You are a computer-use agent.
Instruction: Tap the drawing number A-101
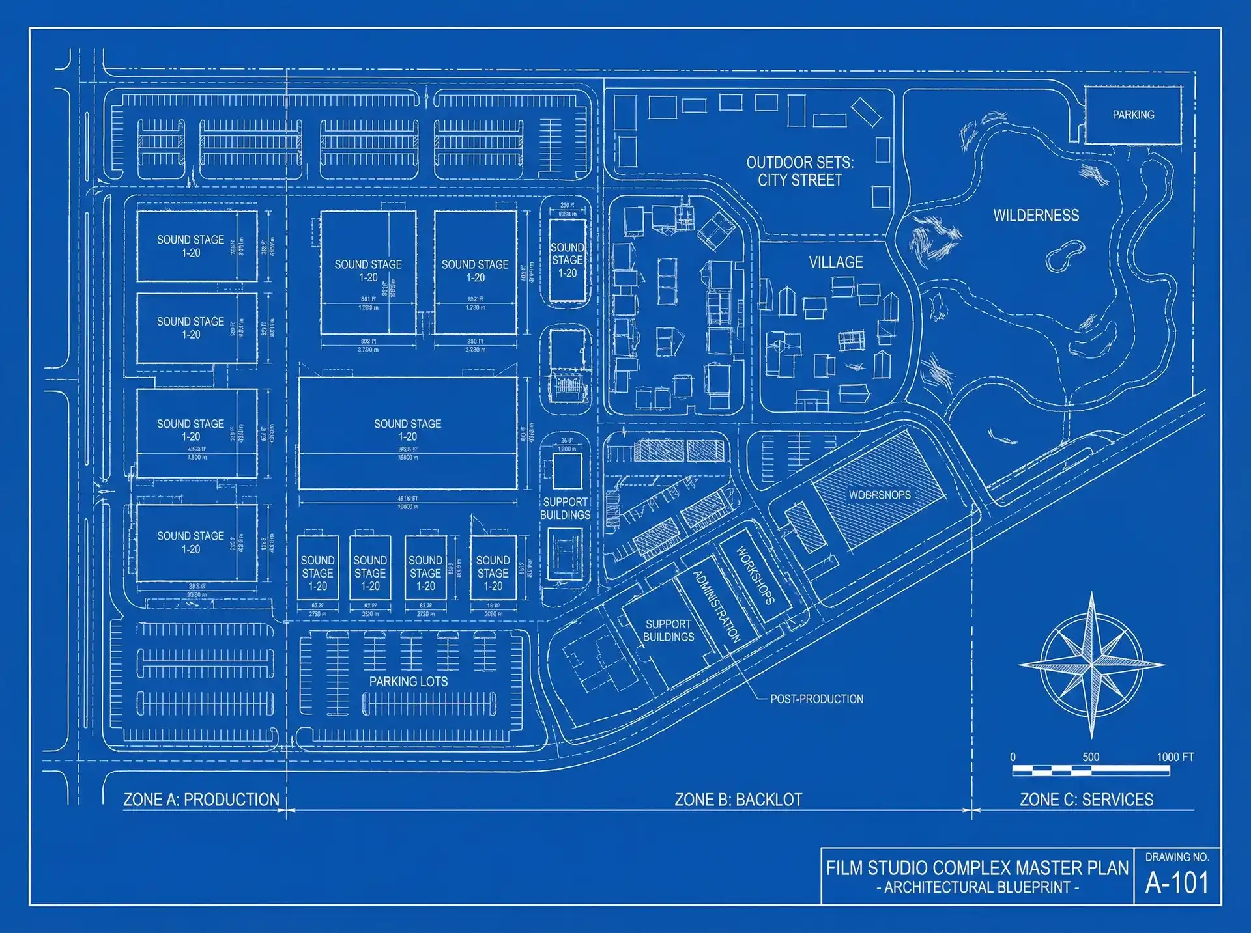tap(1177, 883)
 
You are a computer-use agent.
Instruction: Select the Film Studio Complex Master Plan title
tap(977, 868)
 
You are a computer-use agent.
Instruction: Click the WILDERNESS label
tap(1036, 216)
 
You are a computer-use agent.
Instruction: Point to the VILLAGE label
tap(836, 262)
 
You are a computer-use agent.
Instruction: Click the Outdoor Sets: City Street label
tap(799, 171)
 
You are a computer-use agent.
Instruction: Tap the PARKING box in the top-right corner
tap(1133, 115)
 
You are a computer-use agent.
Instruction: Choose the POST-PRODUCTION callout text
tap(816, 699)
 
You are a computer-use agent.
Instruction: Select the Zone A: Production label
tap(201, 800)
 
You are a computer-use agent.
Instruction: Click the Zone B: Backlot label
tap(738, 800)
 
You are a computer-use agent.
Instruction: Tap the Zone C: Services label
tap(1086, 800)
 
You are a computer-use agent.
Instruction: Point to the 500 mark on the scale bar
tap(1091, 757)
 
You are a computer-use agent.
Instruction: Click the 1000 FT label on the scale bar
tap(1175, 757)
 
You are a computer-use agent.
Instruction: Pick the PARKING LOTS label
tap(409, 682)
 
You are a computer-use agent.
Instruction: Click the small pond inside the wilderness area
tap(1065, 255)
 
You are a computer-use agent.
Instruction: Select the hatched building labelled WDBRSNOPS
tap(880, 495)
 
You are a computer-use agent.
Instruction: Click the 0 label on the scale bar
tap(1013, 757)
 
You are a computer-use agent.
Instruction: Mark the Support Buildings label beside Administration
tap(669, 630)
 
